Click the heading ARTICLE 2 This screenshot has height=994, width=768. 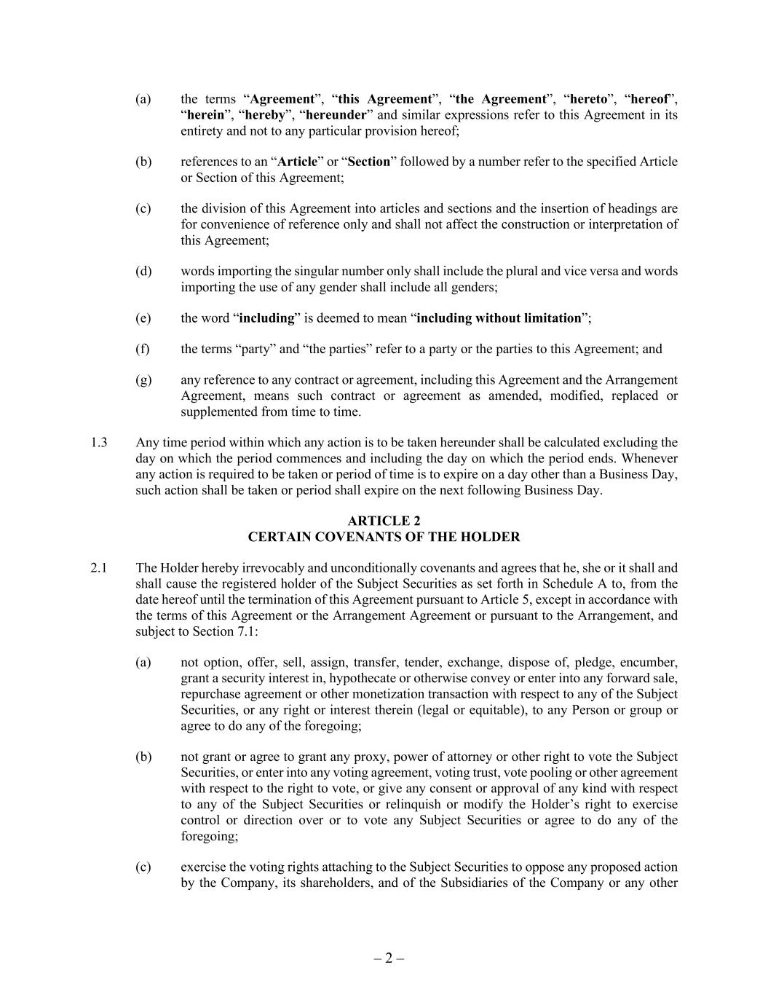(x=384, y=521)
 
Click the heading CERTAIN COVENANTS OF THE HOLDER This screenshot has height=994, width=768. (x=384, y=537)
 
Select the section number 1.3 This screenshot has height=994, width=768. (x=99, y=442)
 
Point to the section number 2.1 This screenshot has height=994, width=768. (x=99, y=567)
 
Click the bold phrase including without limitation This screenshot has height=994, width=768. (x=499, y=318)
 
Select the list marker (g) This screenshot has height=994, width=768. (x=143, y=379)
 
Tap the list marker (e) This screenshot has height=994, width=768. (x=143, y=318)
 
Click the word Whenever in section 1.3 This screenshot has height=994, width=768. (x=649, y=458)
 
